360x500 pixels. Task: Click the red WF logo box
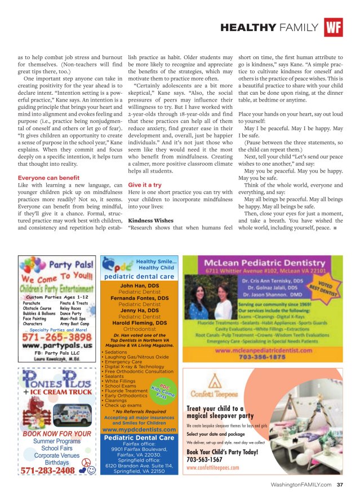tap(333, 27)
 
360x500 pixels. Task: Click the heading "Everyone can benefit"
tap(48, 178)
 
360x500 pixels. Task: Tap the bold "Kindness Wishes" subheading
tap(150, 220)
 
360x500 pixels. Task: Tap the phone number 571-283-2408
tap(48, 470)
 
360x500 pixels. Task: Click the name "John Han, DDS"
tap(140, 286)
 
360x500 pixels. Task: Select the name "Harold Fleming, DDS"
tap(140, 323)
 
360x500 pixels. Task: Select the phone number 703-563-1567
tap(208, 459)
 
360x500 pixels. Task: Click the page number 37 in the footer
tap(340, 484)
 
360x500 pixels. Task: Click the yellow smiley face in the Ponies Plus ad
tap(90, 470)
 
